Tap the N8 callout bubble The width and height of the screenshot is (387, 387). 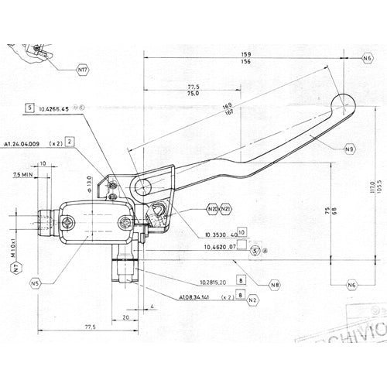[x=275, y=284]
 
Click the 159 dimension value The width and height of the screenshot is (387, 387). [x=246, y=54]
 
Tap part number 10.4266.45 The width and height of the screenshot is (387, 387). [x=54, y=109]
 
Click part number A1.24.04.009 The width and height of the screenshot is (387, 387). [x=26, y=144]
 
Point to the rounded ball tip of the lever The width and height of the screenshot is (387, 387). [x=342, y=104]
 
